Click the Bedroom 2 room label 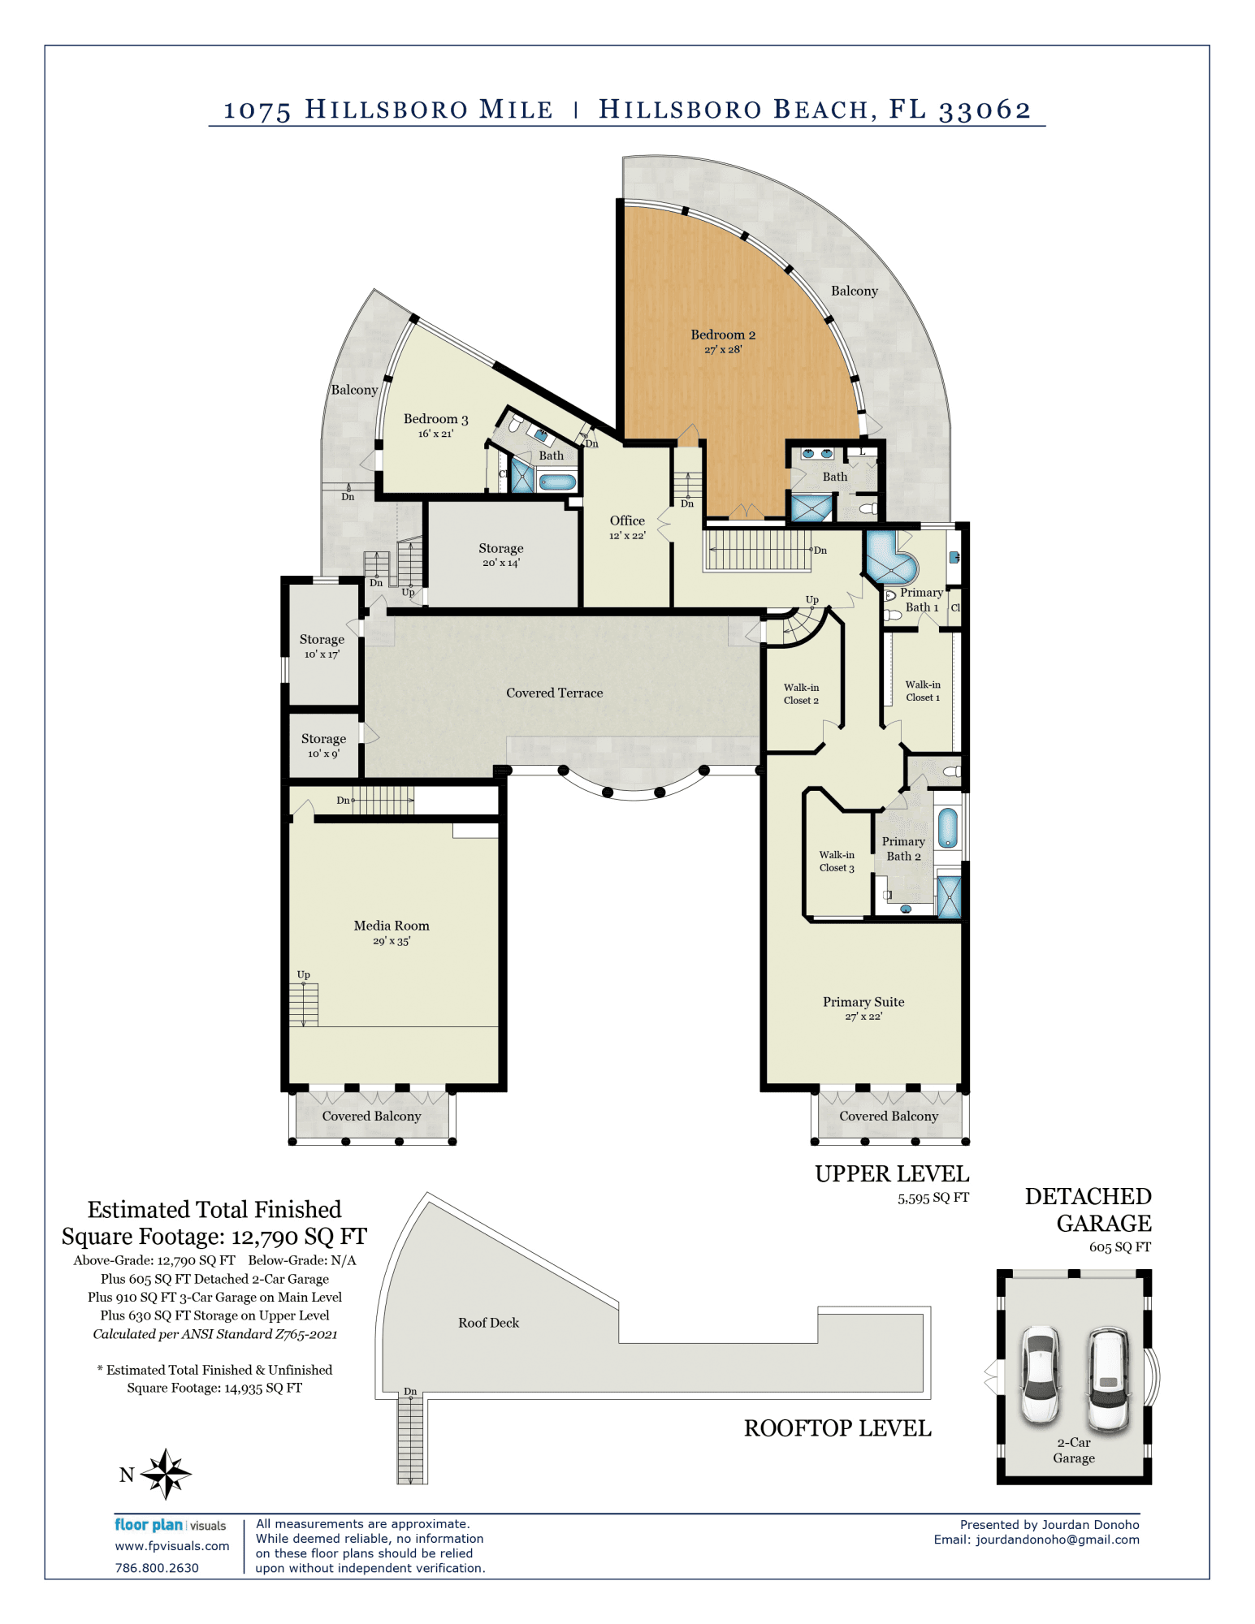pos(723,341)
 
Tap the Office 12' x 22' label pos(627,527)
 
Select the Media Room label pos(392,932)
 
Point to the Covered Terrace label pos(555,693)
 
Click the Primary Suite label pos(863,1008)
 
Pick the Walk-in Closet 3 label pos(837,862)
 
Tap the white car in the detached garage pos(1040,1375)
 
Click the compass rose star pos(166,1474)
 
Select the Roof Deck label pos(488,1323)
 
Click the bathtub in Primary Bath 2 pos(947,828)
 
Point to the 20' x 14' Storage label pos(501,555)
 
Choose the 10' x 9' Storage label pos(323,745)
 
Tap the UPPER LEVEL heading pos(892,1174)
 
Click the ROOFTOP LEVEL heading pos(837,1428)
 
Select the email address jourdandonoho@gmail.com pos(1058,1540)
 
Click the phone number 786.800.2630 pos(157,1568)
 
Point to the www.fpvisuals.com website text pos(172,1546)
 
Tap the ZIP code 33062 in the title pos(985,110)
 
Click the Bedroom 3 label pos(436,425)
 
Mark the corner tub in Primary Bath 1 pos(891,558)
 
